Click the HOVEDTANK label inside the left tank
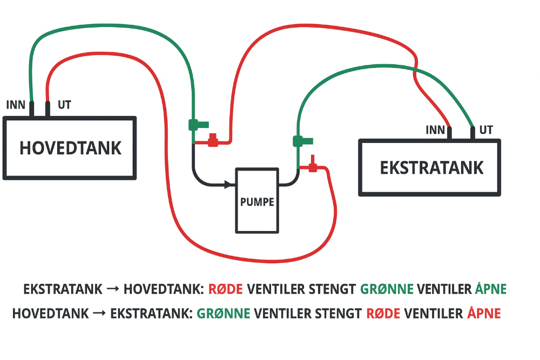(x=70, y=147)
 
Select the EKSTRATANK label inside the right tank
(x=431, y=167)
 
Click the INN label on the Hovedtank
(x=16, y=105)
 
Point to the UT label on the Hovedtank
(x=64, y=105)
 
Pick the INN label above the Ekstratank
(x=435, y=130)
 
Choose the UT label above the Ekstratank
(x=486, y=130)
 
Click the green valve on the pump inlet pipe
(x=196, y=125)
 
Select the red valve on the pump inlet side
(x=213, y=141)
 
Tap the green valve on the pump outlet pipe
(x=301, y=141)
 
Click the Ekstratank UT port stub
(x=473, y=133)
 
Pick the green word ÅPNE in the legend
(x=491, y=289)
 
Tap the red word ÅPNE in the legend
(x=484, y=313)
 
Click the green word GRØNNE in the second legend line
(x=224, y=313)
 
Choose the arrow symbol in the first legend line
(x=113, y=289)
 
